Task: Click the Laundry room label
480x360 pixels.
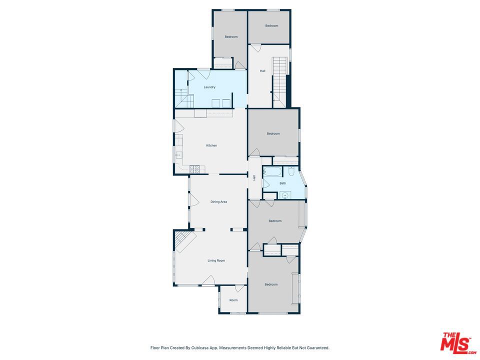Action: point(209,87)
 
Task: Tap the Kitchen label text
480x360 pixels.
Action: point(211,145)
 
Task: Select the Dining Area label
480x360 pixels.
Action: point(218,202)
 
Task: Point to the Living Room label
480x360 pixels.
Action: point(216,260)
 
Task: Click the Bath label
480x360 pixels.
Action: point(282,183)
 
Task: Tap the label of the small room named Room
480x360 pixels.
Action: point(233,300)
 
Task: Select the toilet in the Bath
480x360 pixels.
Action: point(291,172)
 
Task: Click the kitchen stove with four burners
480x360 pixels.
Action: point(194,169)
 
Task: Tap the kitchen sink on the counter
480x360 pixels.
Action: point(178,155)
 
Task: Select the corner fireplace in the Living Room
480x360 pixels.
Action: point(184,241)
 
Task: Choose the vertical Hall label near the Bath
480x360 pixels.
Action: point(254,177)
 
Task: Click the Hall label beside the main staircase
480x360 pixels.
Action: point(262,71)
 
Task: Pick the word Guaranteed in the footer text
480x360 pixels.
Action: point(317,348)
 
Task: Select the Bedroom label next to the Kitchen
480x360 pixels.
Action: point(273,133)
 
